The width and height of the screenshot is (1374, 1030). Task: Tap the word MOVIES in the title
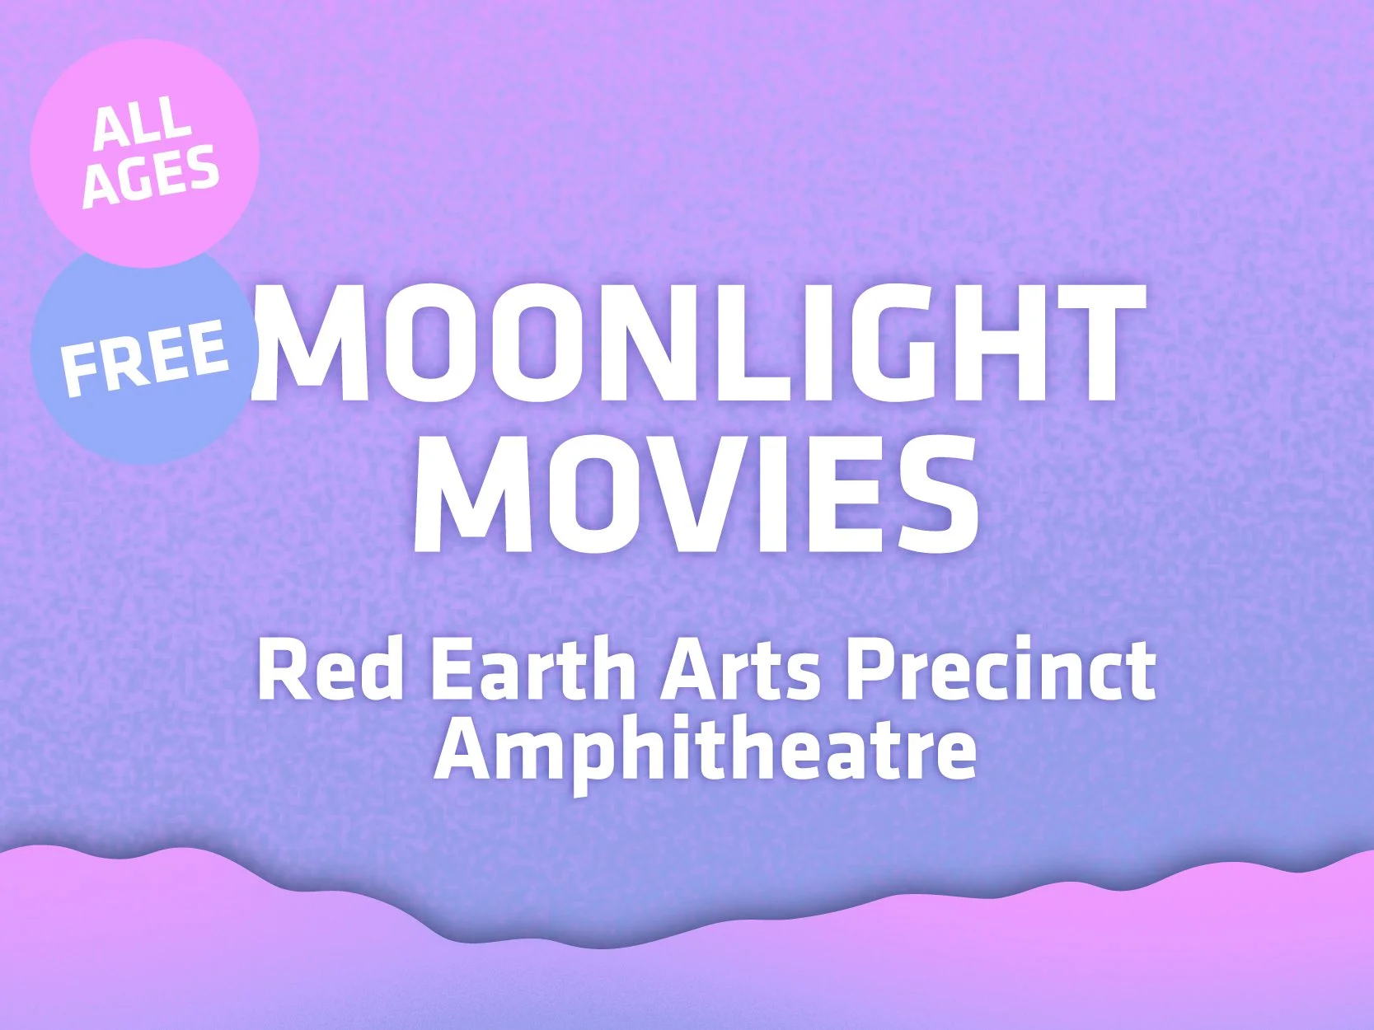(696, 494)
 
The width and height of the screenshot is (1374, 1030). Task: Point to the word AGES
(151, 176)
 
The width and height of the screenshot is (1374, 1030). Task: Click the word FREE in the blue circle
(144, 357)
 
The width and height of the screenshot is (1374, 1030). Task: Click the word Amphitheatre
(706, 751)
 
